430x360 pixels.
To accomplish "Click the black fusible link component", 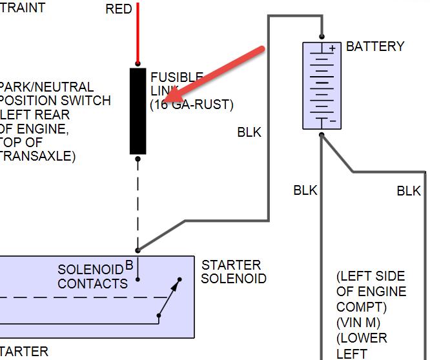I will [x=138, y=110].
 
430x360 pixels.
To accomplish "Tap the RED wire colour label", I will [x=118, y=8].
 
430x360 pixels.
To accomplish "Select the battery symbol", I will [x=321, y=85].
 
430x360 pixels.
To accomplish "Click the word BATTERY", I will [x=375, y=46].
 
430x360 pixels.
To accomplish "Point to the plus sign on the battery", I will [x=333, y=48].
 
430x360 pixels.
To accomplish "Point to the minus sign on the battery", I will [x=333, y=121].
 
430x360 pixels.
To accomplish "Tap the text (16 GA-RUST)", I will [x=192, y=105].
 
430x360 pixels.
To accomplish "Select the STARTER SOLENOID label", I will [x=234, y=272].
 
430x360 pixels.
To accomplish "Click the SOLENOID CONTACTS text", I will [x=93, y=277].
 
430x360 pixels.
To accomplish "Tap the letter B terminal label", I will [x=129, y=264].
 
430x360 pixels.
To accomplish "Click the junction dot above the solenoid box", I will [x=138, y=250].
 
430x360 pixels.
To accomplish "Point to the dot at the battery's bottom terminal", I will [x=321, y=135].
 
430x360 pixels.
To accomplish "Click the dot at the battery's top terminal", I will [x=321, y=37].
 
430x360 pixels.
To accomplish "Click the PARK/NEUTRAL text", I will [x=46, y=86].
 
